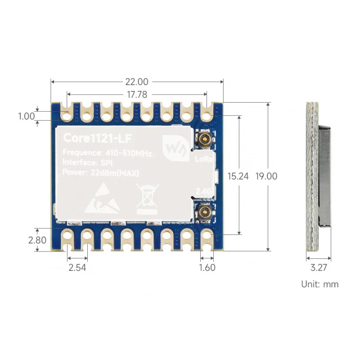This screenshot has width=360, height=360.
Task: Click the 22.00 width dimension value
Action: tap(137, 82)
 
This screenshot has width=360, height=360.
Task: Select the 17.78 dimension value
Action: tap(137, 94)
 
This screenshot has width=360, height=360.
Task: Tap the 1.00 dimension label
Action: tap(26, 116)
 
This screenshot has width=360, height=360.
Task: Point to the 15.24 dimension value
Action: tap(238, 176)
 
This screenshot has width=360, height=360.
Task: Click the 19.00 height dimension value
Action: tap(266, 176)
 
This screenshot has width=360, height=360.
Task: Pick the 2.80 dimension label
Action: tap(37, 240)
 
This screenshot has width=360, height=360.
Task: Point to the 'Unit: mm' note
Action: tap(319, 284)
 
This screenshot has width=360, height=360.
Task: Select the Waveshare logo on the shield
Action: tap(173, 148)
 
